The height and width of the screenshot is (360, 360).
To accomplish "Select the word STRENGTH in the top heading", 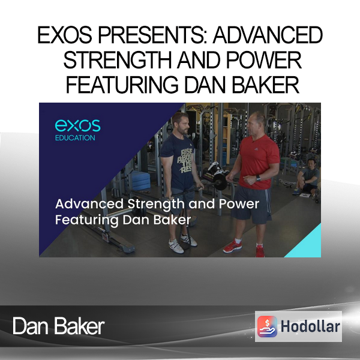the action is [118, 60].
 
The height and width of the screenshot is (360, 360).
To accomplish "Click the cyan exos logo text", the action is [77, 125].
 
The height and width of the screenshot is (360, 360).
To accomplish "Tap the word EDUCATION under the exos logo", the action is [75, 138].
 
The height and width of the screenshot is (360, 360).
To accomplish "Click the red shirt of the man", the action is [258, 161].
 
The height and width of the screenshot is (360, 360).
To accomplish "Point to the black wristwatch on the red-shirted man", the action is [258, 178].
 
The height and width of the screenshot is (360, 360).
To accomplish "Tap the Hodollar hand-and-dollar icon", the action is [267, 326].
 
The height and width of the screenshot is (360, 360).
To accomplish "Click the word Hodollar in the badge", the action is [310, 326].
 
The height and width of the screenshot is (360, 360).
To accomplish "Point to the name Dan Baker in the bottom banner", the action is [59, 326].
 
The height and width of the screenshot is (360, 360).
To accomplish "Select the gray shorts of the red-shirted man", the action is [252, 205].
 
